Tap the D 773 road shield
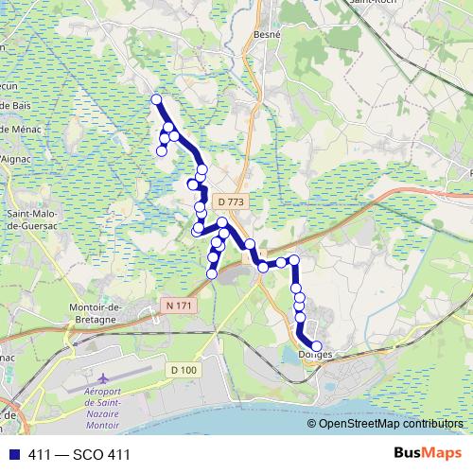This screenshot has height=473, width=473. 230,201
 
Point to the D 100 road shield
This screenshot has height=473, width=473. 184,370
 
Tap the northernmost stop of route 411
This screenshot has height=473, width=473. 156,99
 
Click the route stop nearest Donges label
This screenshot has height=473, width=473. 316,346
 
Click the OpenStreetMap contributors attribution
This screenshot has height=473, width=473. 389,424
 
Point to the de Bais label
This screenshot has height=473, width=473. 21,108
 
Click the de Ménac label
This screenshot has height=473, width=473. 21,129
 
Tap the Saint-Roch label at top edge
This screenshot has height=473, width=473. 372,4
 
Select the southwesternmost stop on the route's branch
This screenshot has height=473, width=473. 212,274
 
